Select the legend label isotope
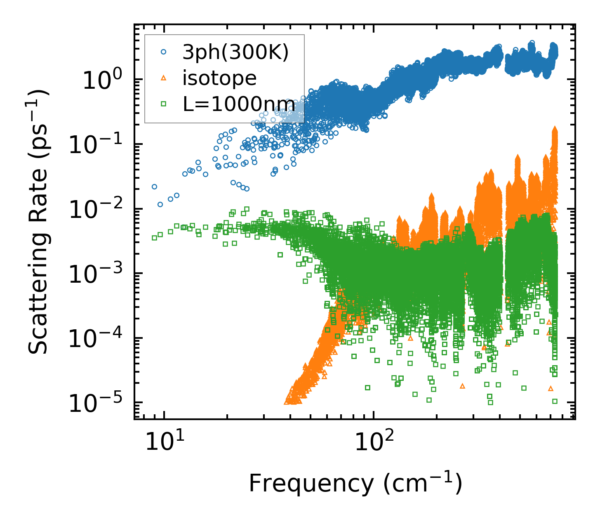tap(219, 78)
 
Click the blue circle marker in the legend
tap(164, 52)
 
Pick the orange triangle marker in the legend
tap(164, 78)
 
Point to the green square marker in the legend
tap(164, 104)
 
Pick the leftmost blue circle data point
tap(154, 187)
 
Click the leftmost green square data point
tap(154, 238)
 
